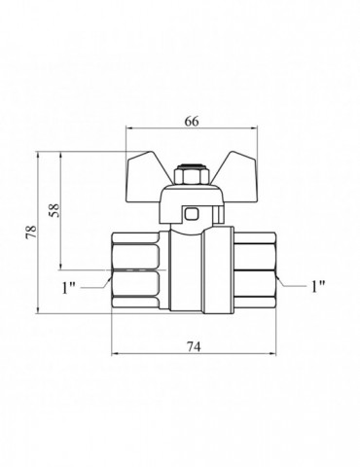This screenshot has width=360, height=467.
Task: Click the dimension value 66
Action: point(192,122)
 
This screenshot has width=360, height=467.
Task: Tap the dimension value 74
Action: point(194,346)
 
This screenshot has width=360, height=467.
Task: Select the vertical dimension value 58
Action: point(54,210)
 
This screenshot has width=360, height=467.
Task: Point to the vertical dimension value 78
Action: point(32,232)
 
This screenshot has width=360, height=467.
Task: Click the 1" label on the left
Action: point(68,288)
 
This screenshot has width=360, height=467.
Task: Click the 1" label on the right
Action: point(318,286)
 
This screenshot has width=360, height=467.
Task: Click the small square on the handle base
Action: point(191,214)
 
